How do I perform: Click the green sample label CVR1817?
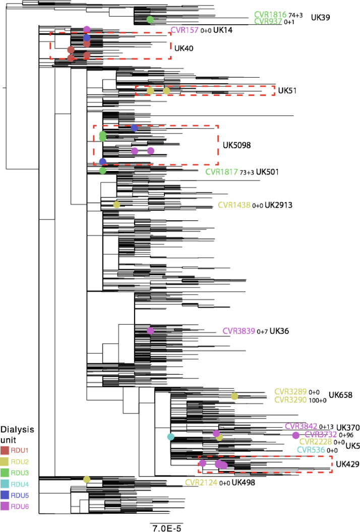pos(221,172)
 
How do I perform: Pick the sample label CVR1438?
pos(234,205)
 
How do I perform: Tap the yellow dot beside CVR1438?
pos(116,205)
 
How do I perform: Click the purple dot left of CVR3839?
pos(150,331)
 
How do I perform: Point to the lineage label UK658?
pos(341,395)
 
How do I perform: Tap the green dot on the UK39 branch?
pos(150,19)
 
